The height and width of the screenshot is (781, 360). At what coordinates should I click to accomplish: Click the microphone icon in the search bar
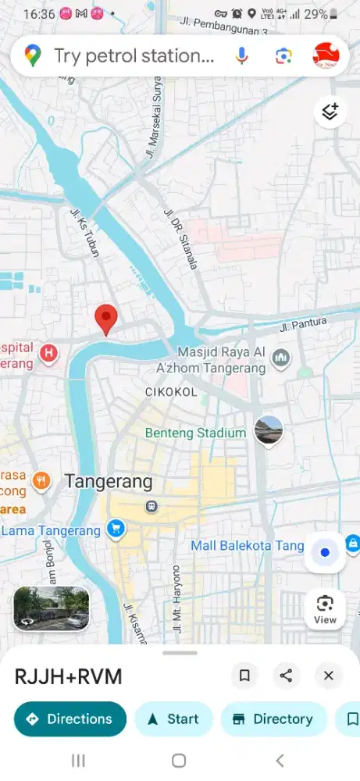coord(242,55)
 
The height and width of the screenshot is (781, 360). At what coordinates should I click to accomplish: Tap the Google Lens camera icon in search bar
coord(283,55)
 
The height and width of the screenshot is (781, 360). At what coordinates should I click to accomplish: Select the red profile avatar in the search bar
coord(326,55)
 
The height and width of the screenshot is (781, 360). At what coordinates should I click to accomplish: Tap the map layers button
coord(330,112)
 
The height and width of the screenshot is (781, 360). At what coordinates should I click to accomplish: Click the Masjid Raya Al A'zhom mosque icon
coord(281,358)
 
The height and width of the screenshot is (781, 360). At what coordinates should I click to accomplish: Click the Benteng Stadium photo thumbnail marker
coord(268,430)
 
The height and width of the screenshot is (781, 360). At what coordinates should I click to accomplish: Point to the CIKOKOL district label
coord(171,391)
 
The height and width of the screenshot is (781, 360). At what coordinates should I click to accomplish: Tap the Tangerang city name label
coord(109,481)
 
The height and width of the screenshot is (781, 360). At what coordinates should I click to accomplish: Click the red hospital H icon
coord(49,354)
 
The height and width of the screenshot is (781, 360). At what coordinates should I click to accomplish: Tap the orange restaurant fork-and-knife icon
coord(41,481)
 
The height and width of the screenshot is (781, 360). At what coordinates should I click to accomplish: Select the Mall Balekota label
coord(247,544)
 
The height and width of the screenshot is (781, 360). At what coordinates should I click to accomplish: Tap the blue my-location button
coord(325,552)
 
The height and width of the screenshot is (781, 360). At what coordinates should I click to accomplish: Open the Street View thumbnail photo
coord(52,608)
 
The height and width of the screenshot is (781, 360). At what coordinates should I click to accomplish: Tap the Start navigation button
coord(173,719)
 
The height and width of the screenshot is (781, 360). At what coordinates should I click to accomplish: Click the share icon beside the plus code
coord(287,676)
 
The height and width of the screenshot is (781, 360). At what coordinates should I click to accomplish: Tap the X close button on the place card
coord(328,676)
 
